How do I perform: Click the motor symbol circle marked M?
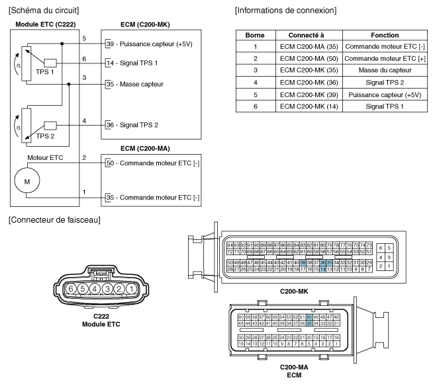pyautogui.click(x=28, y=181)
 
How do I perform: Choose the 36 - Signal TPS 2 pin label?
pyautogui.click(x=132, y=124)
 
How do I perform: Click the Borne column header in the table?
pyautogui.click(x=255, y=34)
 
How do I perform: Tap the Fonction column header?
pyautogui.click(x=379, y=34)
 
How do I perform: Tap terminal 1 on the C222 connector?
pyautogui.click(x=131, y=288)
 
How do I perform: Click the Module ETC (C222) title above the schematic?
pyautogui.click(x=42, y=24)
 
